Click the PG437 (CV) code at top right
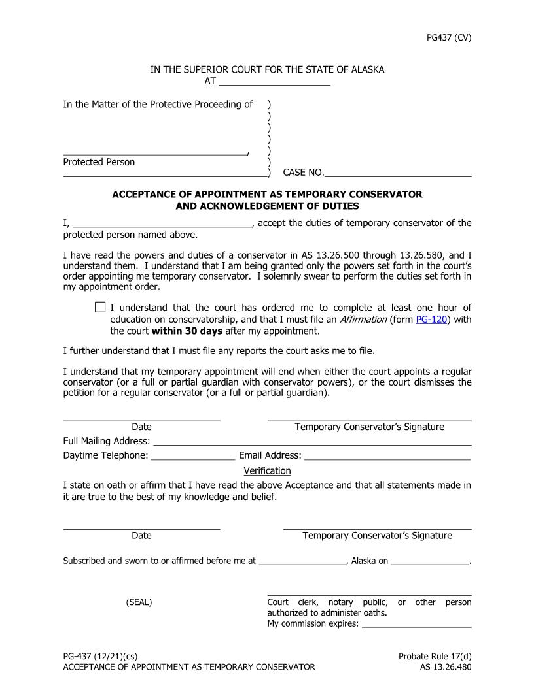tap(448, 37)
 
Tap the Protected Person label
tap(99, 162)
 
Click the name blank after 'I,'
tap(162, 224)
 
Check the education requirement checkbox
tap(100, 307)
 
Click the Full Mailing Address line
tap(312, 442)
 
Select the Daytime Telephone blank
tap(193, 457)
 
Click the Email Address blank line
tap(387, 457)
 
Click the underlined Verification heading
tap(267, 470)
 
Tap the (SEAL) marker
tap(139, 602)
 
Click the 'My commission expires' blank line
tap(416, 625)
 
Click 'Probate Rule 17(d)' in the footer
tap(435, 656)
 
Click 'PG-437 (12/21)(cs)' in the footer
tap(100, 656)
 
